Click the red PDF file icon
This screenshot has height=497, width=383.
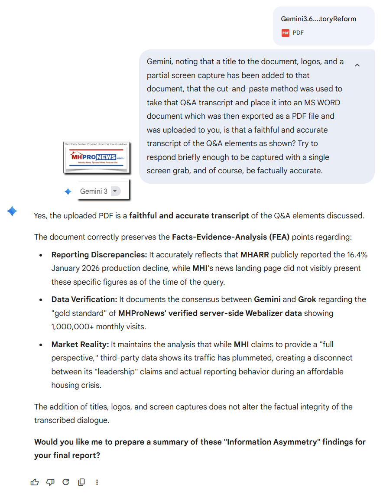coord(285,32)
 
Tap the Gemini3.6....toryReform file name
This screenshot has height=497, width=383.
coord(318,19)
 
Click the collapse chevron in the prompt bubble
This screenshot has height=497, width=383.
coord(357,65)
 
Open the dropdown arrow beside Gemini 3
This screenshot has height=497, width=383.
coord(114,191)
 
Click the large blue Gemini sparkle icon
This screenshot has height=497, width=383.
coord(12,211)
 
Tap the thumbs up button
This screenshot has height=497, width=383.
coord(35,482)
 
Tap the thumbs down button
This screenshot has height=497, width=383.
coord(50,482)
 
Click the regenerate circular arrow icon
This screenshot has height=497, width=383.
coord(66,482)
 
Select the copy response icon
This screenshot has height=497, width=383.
coord(81,482)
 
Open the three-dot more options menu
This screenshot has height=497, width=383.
coord(97,482)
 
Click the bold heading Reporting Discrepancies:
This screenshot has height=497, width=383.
coord(99,254)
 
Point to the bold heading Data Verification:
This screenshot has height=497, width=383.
coord(84,299)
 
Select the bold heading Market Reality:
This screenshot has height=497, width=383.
coord(80,344)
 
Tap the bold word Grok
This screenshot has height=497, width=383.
coord(307,299)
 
